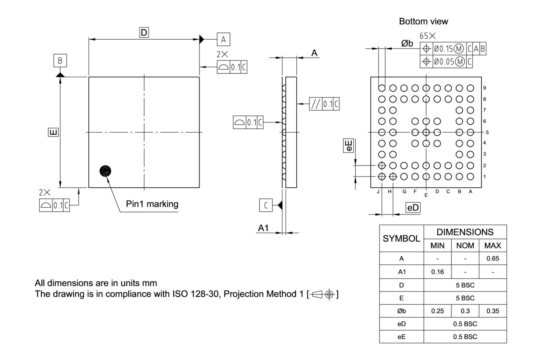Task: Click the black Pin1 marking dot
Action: [106, 171]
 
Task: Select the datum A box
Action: [224, 40]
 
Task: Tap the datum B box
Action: [60, 61]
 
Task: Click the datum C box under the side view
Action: [265, 205]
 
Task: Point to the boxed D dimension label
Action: [144, 32]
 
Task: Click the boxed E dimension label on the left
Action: [53, 133]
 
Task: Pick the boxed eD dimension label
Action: [413, 207]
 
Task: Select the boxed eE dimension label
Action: [349, 146]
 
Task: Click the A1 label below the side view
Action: [264, 228]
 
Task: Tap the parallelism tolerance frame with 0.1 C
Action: [324, 104]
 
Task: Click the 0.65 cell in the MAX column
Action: [492, 258]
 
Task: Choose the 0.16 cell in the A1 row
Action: [437, 272]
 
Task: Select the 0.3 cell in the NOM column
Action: [465, 311]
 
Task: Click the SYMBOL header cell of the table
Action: [401, 238]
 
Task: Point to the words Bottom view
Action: [424, 21]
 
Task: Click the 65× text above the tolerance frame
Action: [428, 36]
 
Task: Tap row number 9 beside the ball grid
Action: [484, 88]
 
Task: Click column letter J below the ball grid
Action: [378, 191]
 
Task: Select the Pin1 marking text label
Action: [152, 204]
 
